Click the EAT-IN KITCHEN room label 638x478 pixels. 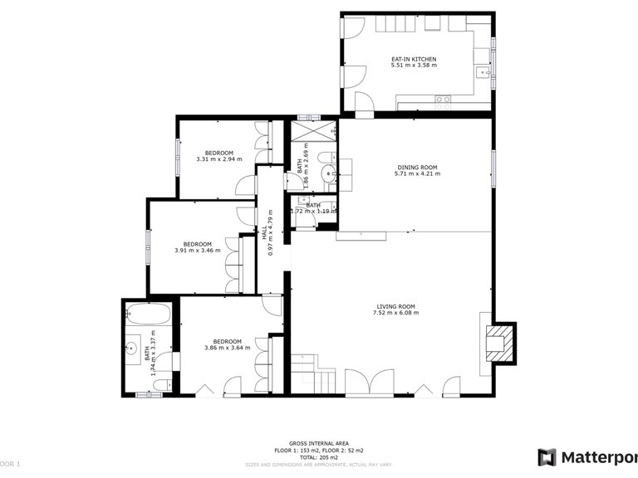click(x=413, y=59)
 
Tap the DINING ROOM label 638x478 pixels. click(x=416, y=168)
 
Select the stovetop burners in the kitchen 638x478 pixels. click(x=444, y=101)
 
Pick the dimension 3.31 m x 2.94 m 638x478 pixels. click(x=219, y=159)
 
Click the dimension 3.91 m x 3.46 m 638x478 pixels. click(x=198, y=251)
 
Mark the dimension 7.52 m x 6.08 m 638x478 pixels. click(x=396, y=313)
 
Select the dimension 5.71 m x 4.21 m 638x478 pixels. click(x=416, y=174)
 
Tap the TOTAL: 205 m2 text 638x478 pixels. click(x=318, y=456)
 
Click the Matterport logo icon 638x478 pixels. click(x=546, y=457)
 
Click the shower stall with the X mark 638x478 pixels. click(x=312, y=132)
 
